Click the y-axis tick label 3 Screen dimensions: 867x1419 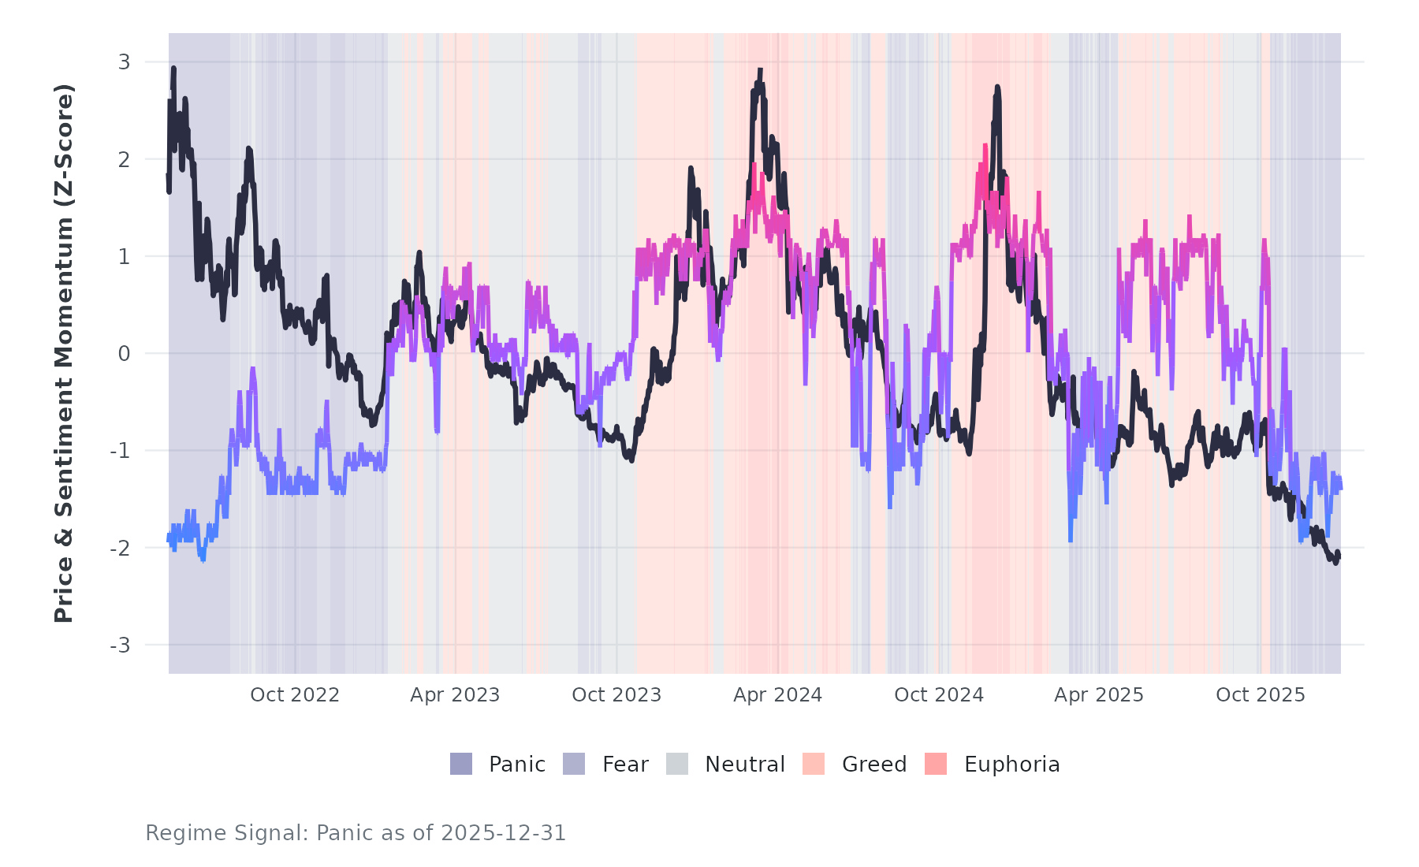pos(125,61)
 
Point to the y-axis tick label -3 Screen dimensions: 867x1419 pos(121,646)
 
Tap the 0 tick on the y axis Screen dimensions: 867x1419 pos(125,354)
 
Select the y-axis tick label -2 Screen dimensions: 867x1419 pos(121,549)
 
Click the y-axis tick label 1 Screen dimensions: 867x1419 pos(125,256)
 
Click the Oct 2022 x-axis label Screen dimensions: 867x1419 pos(295,695)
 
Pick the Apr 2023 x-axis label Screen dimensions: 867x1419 pos(455,695)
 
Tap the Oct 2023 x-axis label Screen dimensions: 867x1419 pos(616,695)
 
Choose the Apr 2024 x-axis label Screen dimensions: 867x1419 pos(777,695)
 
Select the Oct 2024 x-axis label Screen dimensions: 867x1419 pos(939,695)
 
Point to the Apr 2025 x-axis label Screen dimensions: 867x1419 pos(1099,695)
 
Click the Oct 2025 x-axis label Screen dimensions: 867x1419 pos(1261,695)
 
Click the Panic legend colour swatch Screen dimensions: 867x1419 pos(461,764)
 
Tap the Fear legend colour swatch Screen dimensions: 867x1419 pos(574,764)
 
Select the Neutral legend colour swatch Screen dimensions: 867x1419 pos(677,764)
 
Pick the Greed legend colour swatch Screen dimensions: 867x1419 pos(814,764)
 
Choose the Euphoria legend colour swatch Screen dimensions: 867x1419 pos(936,764)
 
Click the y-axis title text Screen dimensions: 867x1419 pos(64,353)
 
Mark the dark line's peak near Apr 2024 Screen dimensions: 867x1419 pos(760,70)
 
